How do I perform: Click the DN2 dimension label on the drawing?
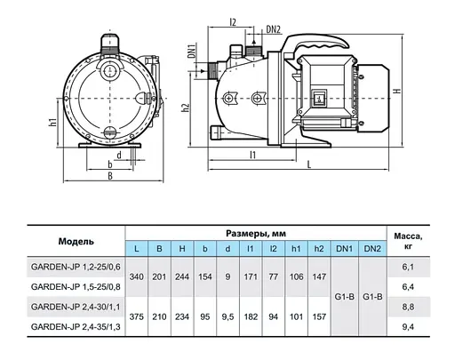pos(273,29)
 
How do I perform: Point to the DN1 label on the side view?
pos(192,51)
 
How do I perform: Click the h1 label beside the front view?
pos(52,122)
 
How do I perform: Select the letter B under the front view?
pos(110,176)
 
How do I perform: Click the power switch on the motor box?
pos(318,98)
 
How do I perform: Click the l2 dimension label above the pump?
pos(233,22)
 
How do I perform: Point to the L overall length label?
pos(309,164)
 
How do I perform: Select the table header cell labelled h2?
pos(319,249)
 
